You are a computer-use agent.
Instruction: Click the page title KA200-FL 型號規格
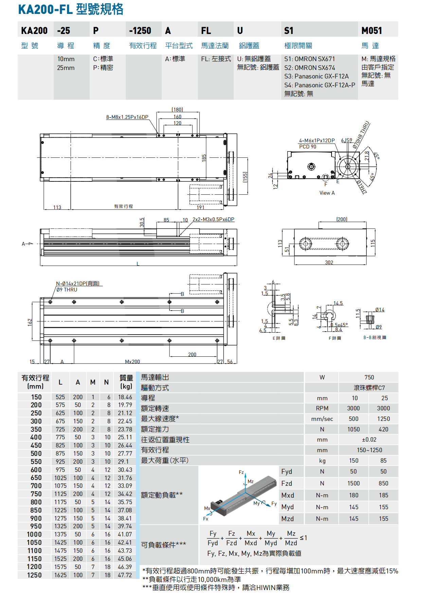[71, 9]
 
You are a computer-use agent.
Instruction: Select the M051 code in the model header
[372, 31]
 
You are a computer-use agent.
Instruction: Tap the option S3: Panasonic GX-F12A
[316, 76]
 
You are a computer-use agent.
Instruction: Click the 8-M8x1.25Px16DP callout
[127, 117]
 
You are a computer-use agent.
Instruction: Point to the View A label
[327, 193]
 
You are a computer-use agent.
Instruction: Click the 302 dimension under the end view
[329, 262]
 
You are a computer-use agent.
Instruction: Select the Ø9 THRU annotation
[67, 289]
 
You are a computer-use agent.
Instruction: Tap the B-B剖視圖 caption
[375, 337]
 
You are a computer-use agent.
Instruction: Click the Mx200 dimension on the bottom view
[132, 361]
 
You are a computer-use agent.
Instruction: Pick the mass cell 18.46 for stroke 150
[125, 397]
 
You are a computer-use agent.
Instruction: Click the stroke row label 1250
[34, 575]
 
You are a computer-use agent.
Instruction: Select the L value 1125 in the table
[60, 494]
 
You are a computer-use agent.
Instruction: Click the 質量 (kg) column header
[126, 382]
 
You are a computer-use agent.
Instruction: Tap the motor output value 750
[369, 377]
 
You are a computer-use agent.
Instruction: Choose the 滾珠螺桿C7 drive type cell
[369, 388]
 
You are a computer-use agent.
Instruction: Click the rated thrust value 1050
[353, 429]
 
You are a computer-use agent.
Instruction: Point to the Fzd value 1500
[353, 483]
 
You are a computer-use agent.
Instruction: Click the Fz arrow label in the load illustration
[241, 472]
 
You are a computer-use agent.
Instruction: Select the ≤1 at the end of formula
[303, 537]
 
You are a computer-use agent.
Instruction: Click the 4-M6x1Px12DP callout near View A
[317, 140]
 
